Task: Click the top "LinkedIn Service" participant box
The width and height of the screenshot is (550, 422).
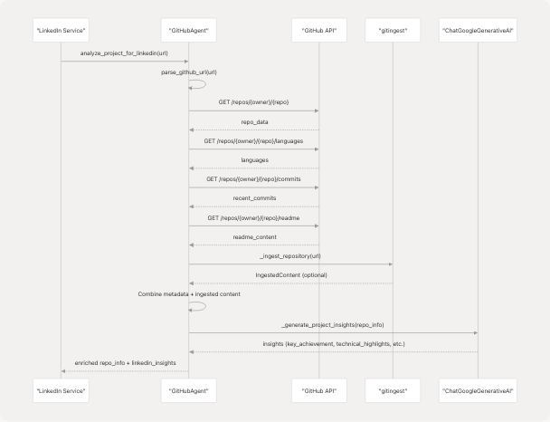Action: [x=61, y=32]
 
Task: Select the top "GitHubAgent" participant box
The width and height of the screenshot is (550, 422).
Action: [x=188, y=32]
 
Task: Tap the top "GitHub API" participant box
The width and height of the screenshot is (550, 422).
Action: [x=318, y=32]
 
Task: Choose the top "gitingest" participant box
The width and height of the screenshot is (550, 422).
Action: [x=392, y=32]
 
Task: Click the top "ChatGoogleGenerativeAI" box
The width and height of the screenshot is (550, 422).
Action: [x=477, y=32]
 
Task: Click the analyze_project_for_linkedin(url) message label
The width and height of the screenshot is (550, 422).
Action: [x=125, y=53]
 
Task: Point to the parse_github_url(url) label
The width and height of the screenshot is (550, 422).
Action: [x=188, y=71]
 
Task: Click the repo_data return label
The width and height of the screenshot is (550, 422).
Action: [x=253, y=121]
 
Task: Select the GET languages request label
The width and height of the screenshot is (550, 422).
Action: [x=253, y=140]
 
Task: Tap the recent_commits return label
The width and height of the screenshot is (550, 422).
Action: [x=253, y=197]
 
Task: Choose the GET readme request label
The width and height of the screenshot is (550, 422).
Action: [x=253, y=217]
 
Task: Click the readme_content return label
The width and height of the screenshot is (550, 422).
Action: [x=253, y=237]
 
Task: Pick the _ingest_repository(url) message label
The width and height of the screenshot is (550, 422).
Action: [x=289, y=256]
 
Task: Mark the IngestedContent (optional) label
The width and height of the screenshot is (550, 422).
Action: [x=289, y=275]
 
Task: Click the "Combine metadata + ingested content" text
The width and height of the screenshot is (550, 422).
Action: [x=188, y=293]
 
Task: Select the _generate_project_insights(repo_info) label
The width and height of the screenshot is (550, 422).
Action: [x=332, y=324]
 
